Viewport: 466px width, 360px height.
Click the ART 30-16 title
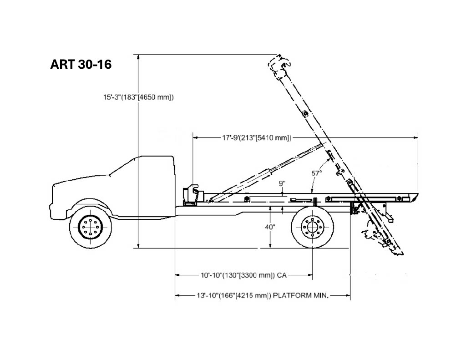click(x=81, y=64)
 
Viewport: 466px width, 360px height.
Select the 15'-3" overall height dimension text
click(x=138, y=97)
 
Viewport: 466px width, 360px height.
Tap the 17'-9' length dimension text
click(x=257, y=137)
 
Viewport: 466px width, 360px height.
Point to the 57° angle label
click(x=317, y=172)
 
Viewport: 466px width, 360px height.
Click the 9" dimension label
click(x=282, y=183)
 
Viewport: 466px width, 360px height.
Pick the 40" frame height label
click(x=270, y=227)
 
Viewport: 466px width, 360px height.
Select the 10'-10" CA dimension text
click(x=244, y=275)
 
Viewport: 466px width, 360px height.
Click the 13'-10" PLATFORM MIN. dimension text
click(x=263, y=295)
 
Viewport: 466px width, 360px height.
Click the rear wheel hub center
click(x=312, y=228)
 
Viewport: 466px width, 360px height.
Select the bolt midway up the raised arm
click(x=304, y=114)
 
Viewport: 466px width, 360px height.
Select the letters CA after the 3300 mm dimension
click(x=282, y=275)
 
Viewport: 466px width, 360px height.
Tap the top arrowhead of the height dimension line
click(x=138, y=57)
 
